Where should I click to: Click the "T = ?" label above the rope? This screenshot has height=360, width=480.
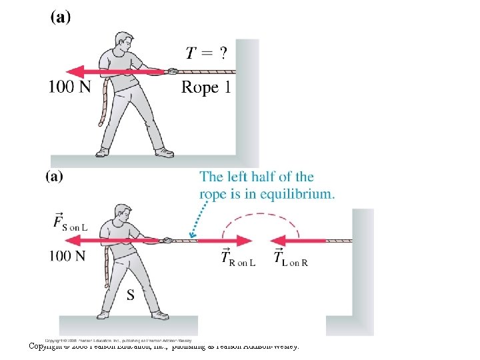(206, 53)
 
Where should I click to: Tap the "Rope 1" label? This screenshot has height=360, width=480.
(206, 87)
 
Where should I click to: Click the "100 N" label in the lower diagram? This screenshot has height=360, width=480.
(67, 255)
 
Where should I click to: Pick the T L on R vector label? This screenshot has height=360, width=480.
(290, 258)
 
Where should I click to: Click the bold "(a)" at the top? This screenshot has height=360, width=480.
(60, 18)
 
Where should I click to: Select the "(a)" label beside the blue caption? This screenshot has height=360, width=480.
(54, 177)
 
